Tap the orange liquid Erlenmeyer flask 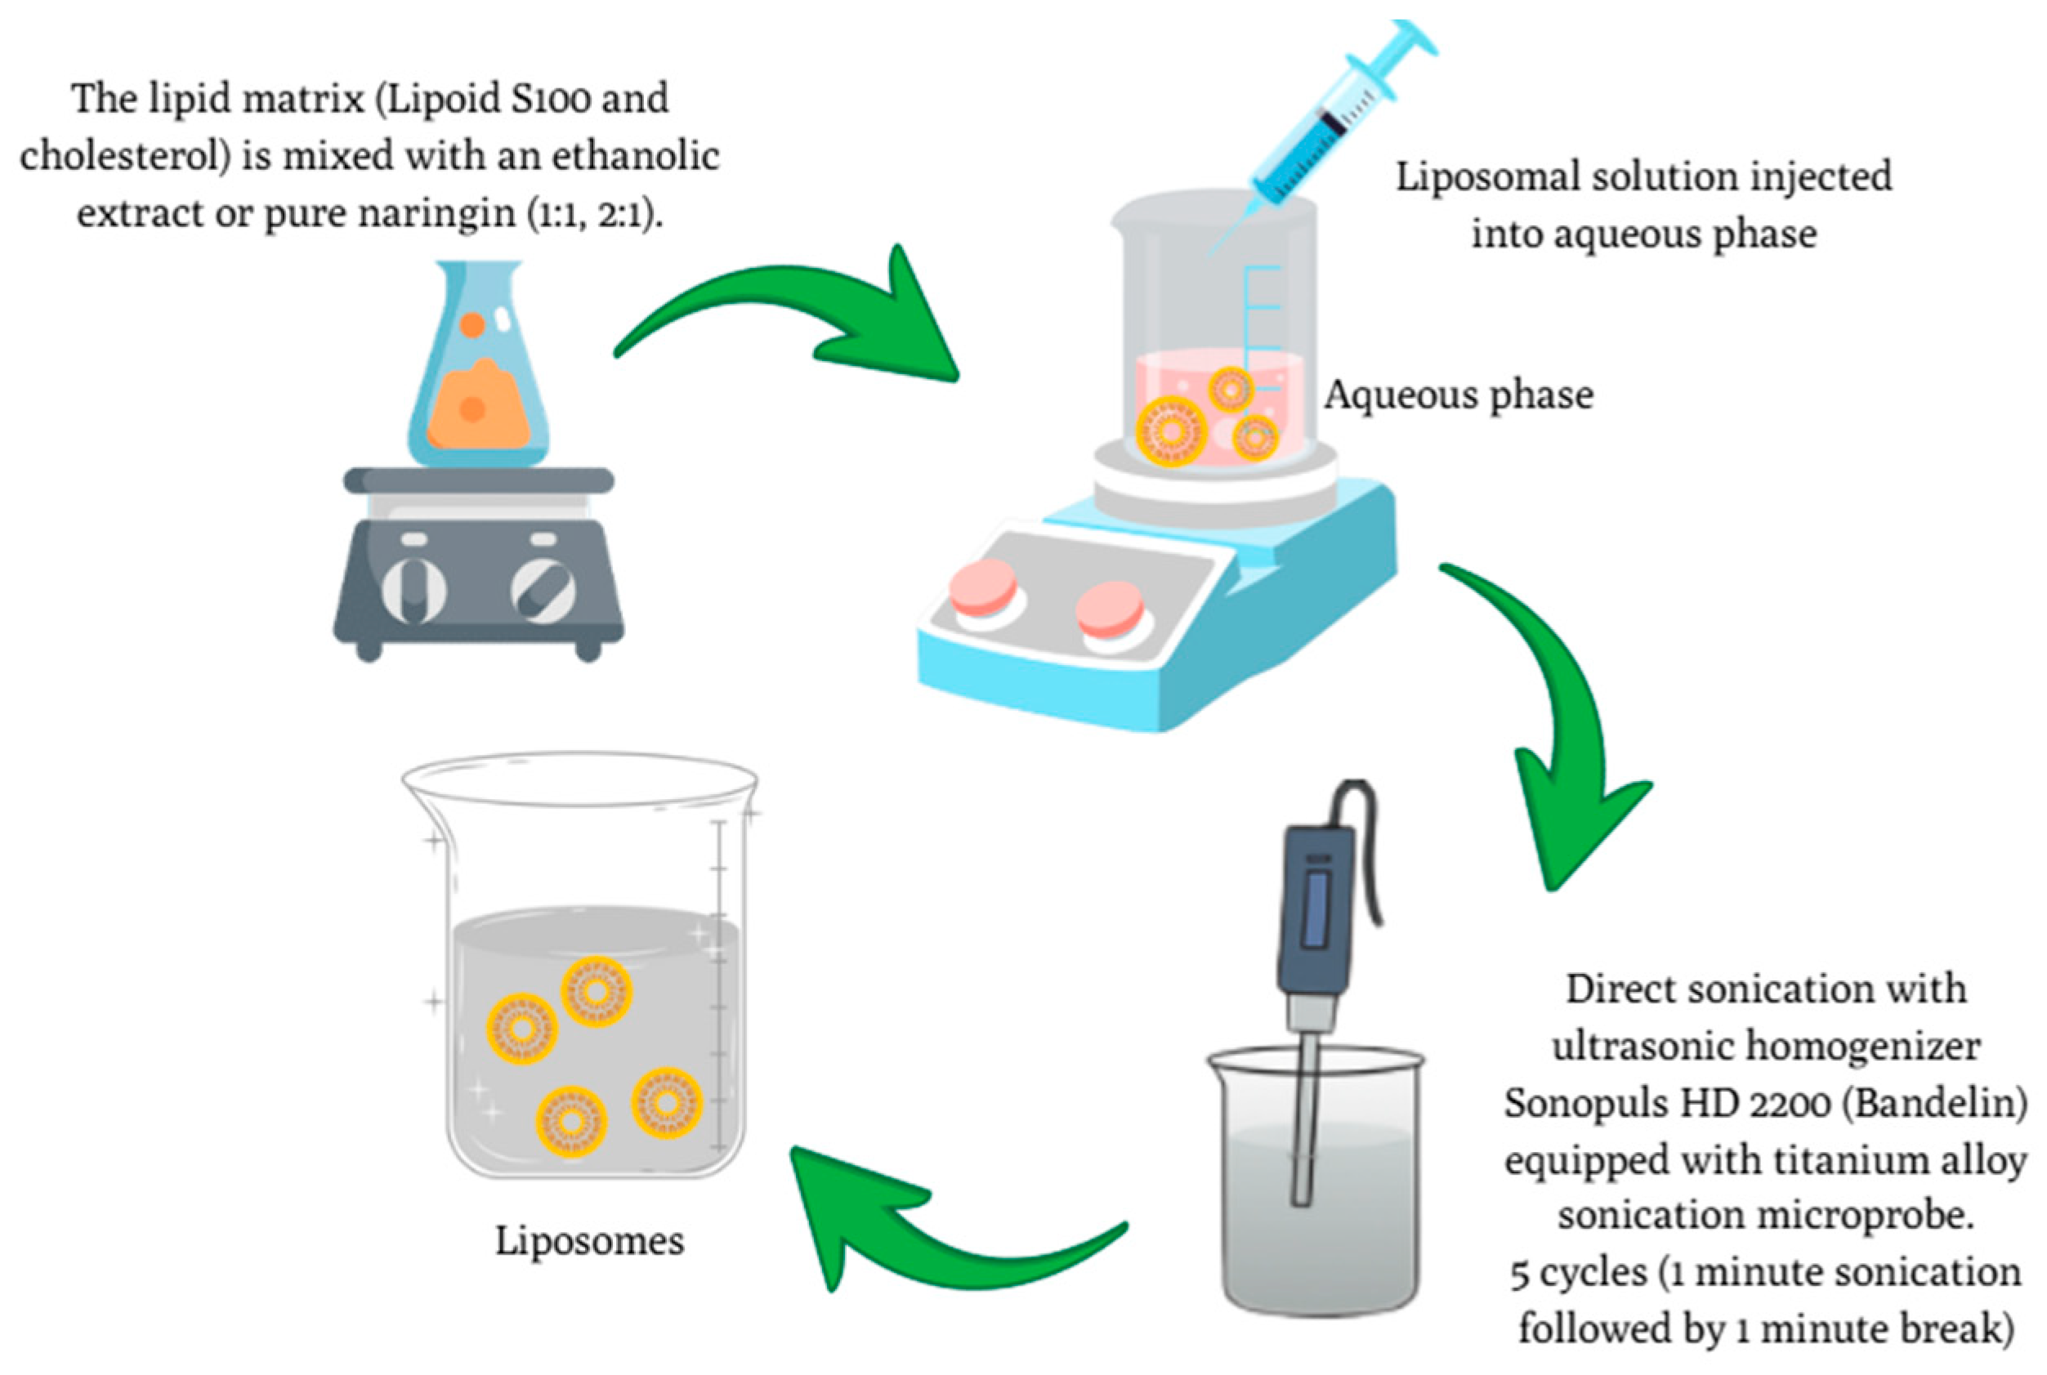click(x=478, y=377)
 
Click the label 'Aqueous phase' click(x=1459, y=395)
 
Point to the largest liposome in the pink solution click(x=1172, y=431)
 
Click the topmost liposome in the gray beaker click(x=597, y=992)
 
